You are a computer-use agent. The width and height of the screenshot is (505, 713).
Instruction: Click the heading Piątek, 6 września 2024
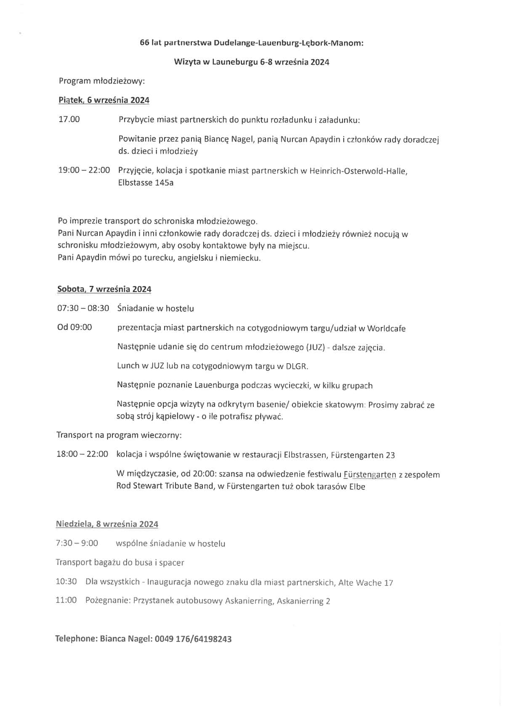click(x=104, y=100)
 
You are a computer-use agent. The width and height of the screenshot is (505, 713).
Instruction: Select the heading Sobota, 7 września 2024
click(x=104, y=289)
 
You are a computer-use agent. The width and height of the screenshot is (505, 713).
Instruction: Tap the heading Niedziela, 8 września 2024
click(x=107, y=524)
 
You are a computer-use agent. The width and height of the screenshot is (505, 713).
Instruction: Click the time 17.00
click(x=69, y=119)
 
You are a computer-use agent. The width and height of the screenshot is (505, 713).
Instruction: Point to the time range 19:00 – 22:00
click(x=84, y=170)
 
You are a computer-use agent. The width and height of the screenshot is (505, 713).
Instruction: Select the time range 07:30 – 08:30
click(x=83, y=309)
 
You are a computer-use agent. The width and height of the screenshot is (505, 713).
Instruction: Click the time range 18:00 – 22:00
click(x=82, y=454)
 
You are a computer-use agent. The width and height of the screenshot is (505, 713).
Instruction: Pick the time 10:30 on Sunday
click(x=66, y=582)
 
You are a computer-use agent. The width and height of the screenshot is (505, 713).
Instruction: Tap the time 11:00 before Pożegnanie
click(x=66, y=600)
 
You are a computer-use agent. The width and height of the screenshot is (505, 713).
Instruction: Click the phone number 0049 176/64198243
click(x=193, y=639)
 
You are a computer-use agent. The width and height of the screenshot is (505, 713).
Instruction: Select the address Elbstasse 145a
click(x=146, y=183)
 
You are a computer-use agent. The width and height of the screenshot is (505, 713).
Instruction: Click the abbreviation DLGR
click(x=297, y=366)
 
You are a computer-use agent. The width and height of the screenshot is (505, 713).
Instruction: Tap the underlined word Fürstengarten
click(x=370, y=475)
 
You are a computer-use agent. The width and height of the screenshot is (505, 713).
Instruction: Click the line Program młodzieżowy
click(x=101, y=81)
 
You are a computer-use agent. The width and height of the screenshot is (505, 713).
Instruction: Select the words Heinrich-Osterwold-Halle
click(x=358, y=171)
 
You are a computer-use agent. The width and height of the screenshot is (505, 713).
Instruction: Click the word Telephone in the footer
click(x=76, y=639)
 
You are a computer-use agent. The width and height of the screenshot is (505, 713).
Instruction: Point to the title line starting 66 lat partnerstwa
click(x=251, y=43)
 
